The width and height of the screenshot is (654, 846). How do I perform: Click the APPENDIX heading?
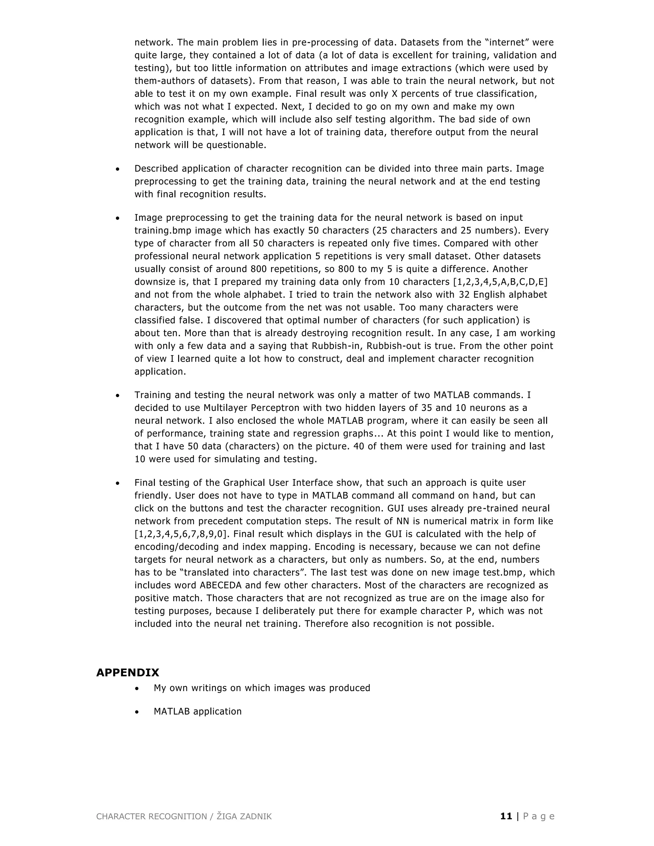(127, 672)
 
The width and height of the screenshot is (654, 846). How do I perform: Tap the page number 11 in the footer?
(506, 817)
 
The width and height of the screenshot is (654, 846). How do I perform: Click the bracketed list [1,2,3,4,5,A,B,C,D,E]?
(500, 282)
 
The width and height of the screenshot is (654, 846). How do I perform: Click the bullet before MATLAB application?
(137, 712)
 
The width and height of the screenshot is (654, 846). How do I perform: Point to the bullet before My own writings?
(137, 688)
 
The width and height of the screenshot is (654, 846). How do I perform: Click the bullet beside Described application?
(118, 169)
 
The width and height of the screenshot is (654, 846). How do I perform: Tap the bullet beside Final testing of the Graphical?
(118, 483)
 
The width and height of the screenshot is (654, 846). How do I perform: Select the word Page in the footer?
(539, 817)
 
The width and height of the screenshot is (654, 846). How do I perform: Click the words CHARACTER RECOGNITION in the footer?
(151, 817)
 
